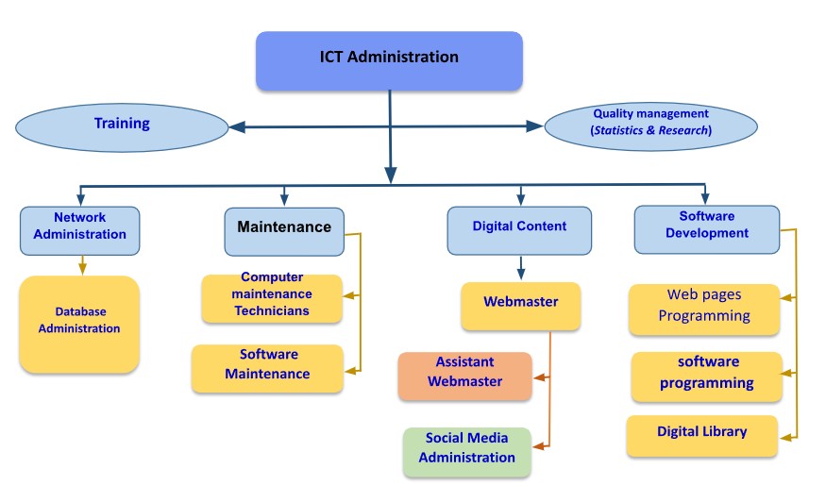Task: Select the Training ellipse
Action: (x=122, y=125)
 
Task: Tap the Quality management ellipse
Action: (x=651, y=122)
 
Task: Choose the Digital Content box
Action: (x=519, y=229)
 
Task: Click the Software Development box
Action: (x=707, y=228)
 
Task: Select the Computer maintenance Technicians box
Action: (x=272, y=297)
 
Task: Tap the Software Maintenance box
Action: (x=267, y=367)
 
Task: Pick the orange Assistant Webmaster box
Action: (x=464, y=374)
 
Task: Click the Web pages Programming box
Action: (x=704, y=308)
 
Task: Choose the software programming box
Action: (x=706, y=375)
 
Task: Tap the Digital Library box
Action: (x=701, y=434)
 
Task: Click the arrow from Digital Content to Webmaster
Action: (x=520, y=268)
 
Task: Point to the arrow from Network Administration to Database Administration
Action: (x=82, y=264)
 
